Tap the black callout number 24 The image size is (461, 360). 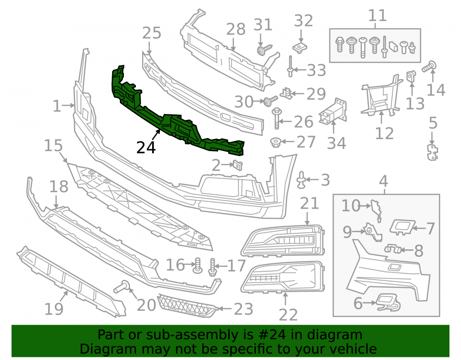[x=146, y=148]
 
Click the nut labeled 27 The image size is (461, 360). [x=276, y=142]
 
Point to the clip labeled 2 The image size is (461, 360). [x=237, y=165]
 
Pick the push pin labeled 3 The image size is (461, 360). [x=301, y=180]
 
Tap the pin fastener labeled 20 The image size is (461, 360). [x=123, y=286]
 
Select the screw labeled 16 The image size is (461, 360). [x=197, y=265]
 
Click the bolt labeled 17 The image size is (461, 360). [x=213, y=267]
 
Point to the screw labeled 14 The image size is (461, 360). [x=429, y=66]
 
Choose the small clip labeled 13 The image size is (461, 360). [x=411, y=77]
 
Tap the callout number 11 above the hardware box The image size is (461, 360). [x=378, y=15]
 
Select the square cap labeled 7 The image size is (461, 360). [x=402, y=227]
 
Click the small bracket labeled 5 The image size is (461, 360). [x=432, y=152]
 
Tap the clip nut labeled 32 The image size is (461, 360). [x=300, y=47]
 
